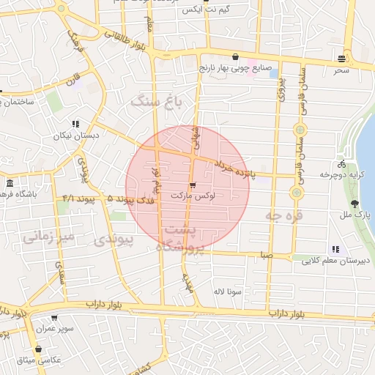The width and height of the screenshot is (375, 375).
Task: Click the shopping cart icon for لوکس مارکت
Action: pos(193,185)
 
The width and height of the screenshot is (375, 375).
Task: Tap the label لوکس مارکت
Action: pos(191,197)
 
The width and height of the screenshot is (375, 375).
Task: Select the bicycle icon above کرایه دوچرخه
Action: pos(341,164)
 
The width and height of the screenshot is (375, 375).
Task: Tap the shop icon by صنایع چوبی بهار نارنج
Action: pos(234,56)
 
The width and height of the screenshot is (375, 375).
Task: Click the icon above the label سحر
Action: pos(342,59)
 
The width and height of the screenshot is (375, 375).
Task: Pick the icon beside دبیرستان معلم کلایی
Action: pos(335,249)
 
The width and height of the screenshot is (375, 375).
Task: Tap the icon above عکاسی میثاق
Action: pos(37,349)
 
